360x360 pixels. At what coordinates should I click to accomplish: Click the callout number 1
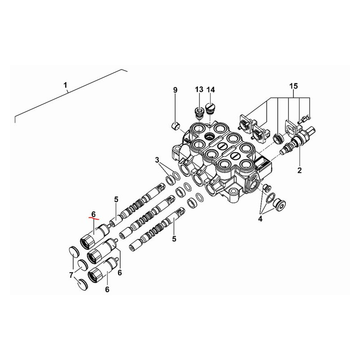click(65, 85)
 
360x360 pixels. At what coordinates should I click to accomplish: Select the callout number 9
click(175, 90)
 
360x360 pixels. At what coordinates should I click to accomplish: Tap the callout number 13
click(199, 90)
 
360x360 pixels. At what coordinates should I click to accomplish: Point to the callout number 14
click(211, 90)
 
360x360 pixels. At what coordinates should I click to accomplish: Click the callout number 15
click(294, 86)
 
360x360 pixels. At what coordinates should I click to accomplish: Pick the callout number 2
click(299, 171)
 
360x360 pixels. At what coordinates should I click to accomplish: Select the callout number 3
click(157, 160)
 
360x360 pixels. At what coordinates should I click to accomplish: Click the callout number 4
click(260, 219)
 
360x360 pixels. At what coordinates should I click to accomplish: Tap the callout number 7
click(71, 274)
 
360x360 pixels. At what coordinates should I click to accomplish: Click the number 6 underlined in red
click(94, 214)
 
